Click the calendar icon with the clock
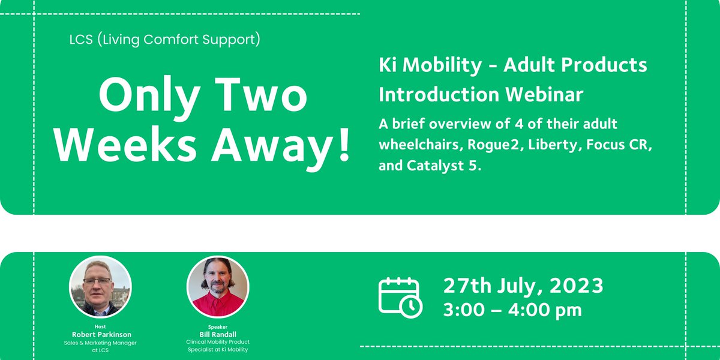[x=400, y=297]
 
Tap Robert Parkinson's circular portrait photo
[x=100, y=287]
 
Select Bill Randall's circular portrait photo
[x=218, y=287]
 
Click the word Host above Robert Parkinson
[x=100, y=327]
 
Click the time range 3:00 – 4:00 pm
[x=512, y=310]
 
